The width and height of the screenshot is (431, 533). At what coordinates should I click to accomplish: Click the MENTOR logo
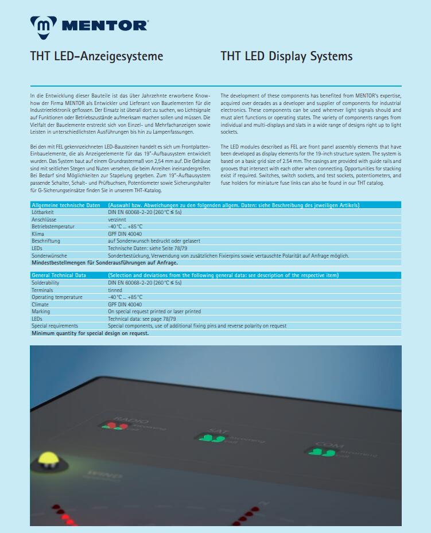click(x=89, y=25)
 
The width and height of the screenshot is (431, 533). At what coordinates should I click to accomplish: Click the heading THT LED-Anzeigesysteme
click(x=96, y=56)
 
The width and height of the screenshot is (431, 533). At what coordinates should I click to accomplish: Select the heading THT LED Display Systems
click(x=286, y=56)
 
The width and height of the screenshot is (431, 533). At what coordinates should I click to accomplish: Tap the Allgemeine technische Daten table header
click(x=66, y=205)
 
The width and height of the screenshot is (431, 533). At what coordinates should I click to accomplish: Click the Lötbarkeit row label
click(x=44, y=212)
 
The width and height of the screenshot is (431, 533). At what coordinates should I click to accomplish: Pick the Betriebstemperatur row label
click(x=53, y=227)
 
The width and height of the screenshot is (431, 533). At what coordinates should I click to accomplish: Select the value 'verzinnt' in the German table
click(x=117, y=219)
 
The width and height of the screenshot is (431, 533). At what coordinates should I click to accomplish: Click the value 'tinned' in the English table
click(x=115, y=290)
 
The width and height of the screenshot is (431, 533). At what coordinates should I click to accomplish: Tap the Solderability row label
click(x=45, y=283)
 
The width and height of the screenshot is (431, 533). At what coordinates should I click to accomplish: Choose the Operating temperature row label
click(x=57, y=297)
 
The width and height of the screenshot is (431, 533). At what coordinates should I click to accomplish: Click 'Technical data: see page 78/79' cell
click(x=142, y=318)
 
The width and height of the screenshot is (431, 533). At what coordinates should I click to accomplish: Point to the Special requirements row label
click(x=55, y=326)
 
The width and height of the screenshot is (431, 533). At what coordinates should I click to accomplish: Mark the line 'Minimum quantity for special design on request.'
click(x=90, y=333)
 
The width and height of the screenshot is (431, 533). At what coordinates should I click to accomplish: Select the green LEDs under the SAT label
click(x=212, y=439)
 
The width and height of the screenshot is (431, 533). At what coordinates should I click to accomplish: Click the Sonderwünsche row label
click(x=49, y=255)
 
